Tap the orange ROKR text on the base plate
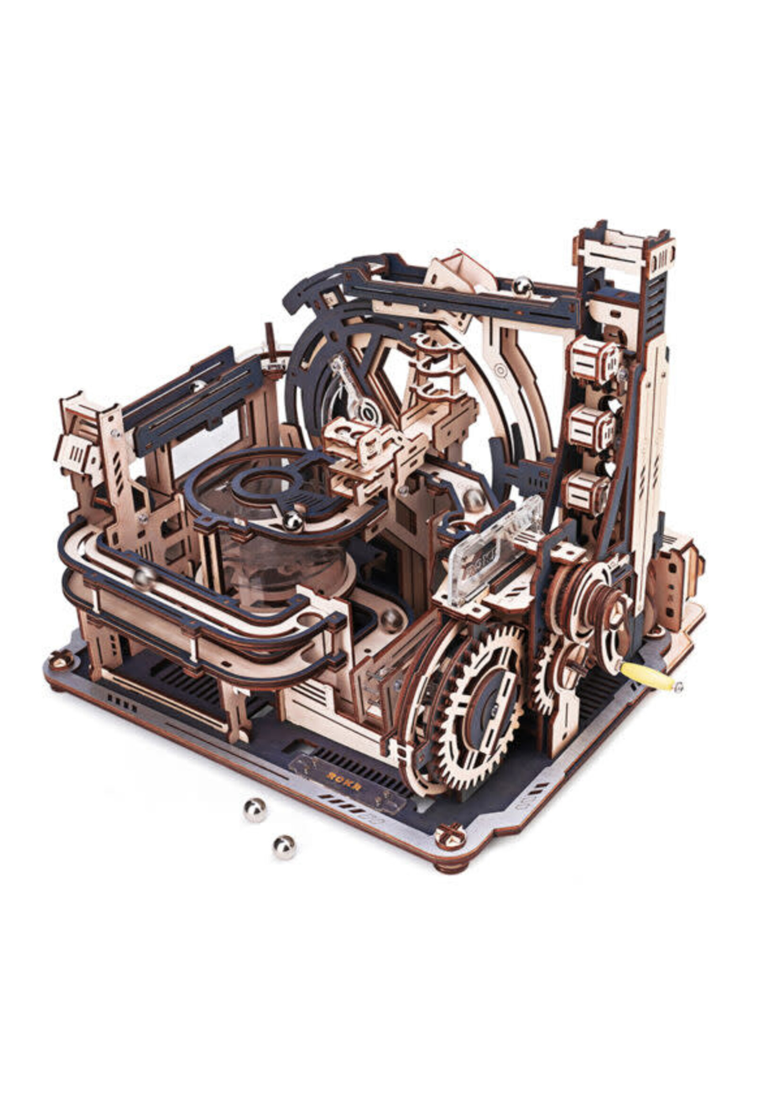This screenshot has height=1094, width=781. click(x=338, y=788)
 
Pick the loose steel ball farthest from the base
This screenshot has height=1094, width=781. click(x=284, y=847)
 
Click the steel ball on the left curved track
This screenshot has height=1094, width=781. click(x=144, y=578)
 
